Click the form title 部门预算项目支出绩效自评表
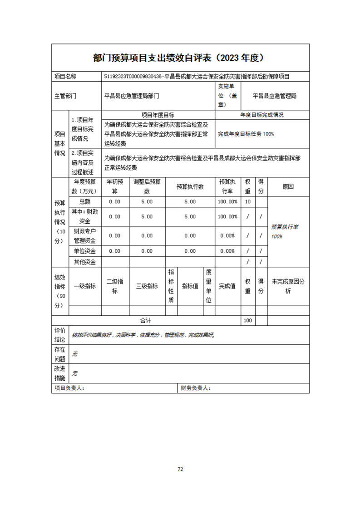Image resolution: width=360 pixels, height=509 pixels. coord(153,58)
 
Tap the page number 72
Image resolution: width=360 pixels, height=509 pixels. coord(180,469)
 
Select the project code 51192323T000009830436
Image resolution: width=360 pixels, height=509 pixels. coord(133,77)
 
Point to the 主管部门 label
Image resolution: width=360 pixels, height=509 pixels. coord(65,96)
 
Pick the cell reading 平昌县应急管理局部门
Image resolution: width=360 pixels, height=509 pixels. coord(131,96)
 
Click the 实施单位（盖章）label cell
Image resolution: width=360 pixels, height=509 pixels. coord(228,96)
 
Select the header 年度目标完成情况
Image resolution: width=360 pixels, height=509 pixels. coord(262,115)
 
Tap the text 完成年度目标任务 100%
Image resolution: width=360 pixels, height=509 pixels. coord(246,134)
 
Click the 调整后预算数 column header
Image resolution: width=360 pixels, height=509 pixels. coord(147,186)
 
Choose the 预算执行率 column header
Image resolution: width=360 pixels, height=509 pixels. coord(227,186)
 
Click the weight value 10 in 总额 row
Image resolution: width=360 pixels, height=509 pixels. coord(247,201)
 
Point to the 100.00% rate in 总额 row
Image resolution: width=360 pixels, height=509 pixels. coord(227,201)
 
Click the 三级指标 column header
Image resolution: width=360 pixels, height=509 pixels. coord(147,286)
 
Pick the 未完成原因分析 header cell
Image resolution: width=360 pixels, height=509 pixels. coord(288,286)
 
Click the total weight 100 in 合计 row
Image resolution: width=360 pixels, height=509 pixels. coord(247,320)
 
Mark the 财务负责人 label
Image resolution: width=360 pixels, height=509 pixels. coord(195,388)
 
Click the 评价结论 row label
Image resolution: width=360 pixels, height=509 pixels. coord(60,335)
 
